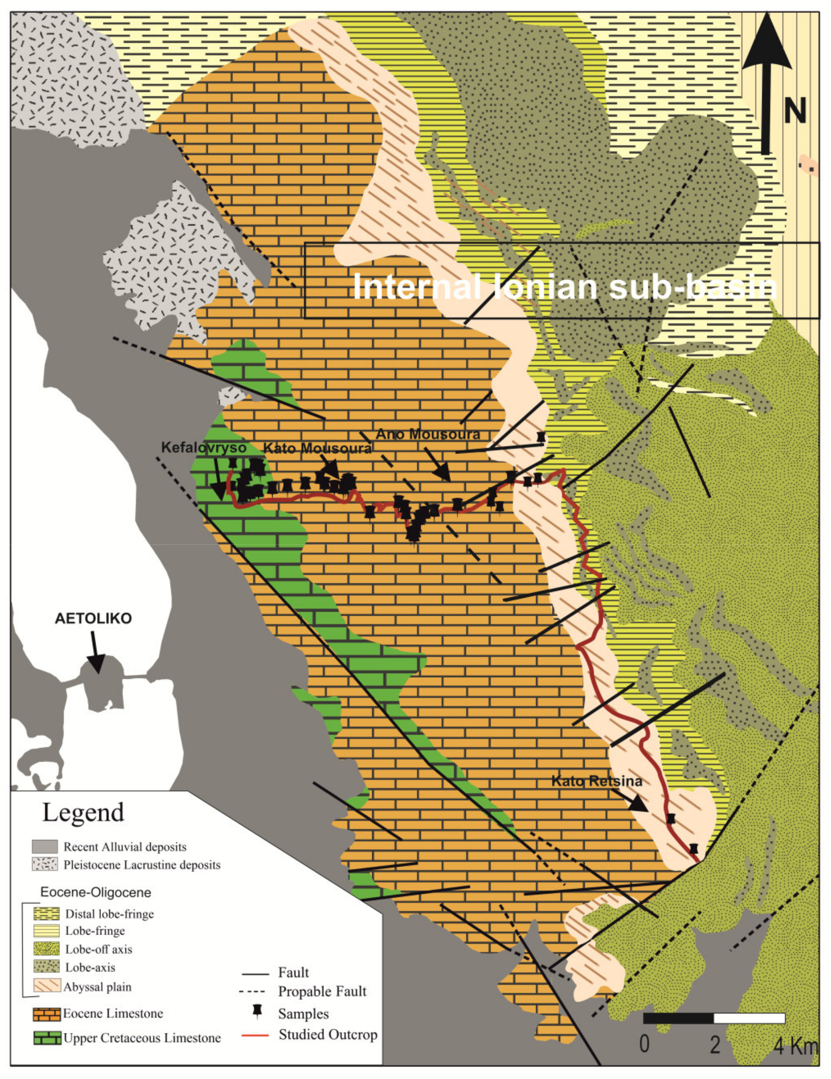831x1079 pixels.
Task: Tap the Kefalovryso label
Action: [204, 448]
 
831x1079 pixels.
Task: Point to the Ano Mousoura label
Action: [428, 434]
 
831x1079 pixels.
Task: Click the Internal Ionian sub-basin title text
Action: [565, 287]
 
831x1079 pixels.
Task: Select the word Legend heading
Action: [83, 812]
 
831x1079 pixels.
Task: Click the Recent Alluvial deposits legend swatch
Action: [44, 846]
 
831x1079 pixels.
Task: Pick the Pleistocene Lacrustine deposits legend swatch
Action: [44, 864]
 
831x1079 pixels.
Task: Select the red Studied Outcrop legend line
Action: [255, 1035]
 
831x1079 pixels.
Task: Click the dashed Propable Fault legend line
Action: [255, 992]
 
